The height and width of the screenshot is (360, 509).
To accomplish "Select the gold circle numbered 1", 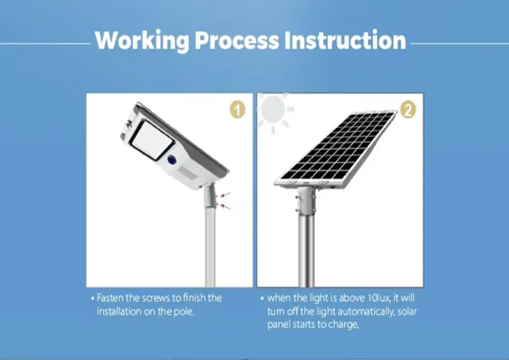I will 237,110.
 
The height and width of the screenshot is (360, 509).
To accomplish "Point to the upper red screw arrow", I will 226,194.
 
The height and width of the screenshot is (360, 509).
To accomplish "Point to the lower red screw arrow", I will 225,207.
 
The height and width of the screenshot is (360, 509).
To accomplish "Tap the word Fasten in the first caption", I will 110,298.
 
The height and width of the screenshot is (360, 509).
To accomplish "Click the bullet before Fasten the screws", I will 92,299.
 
